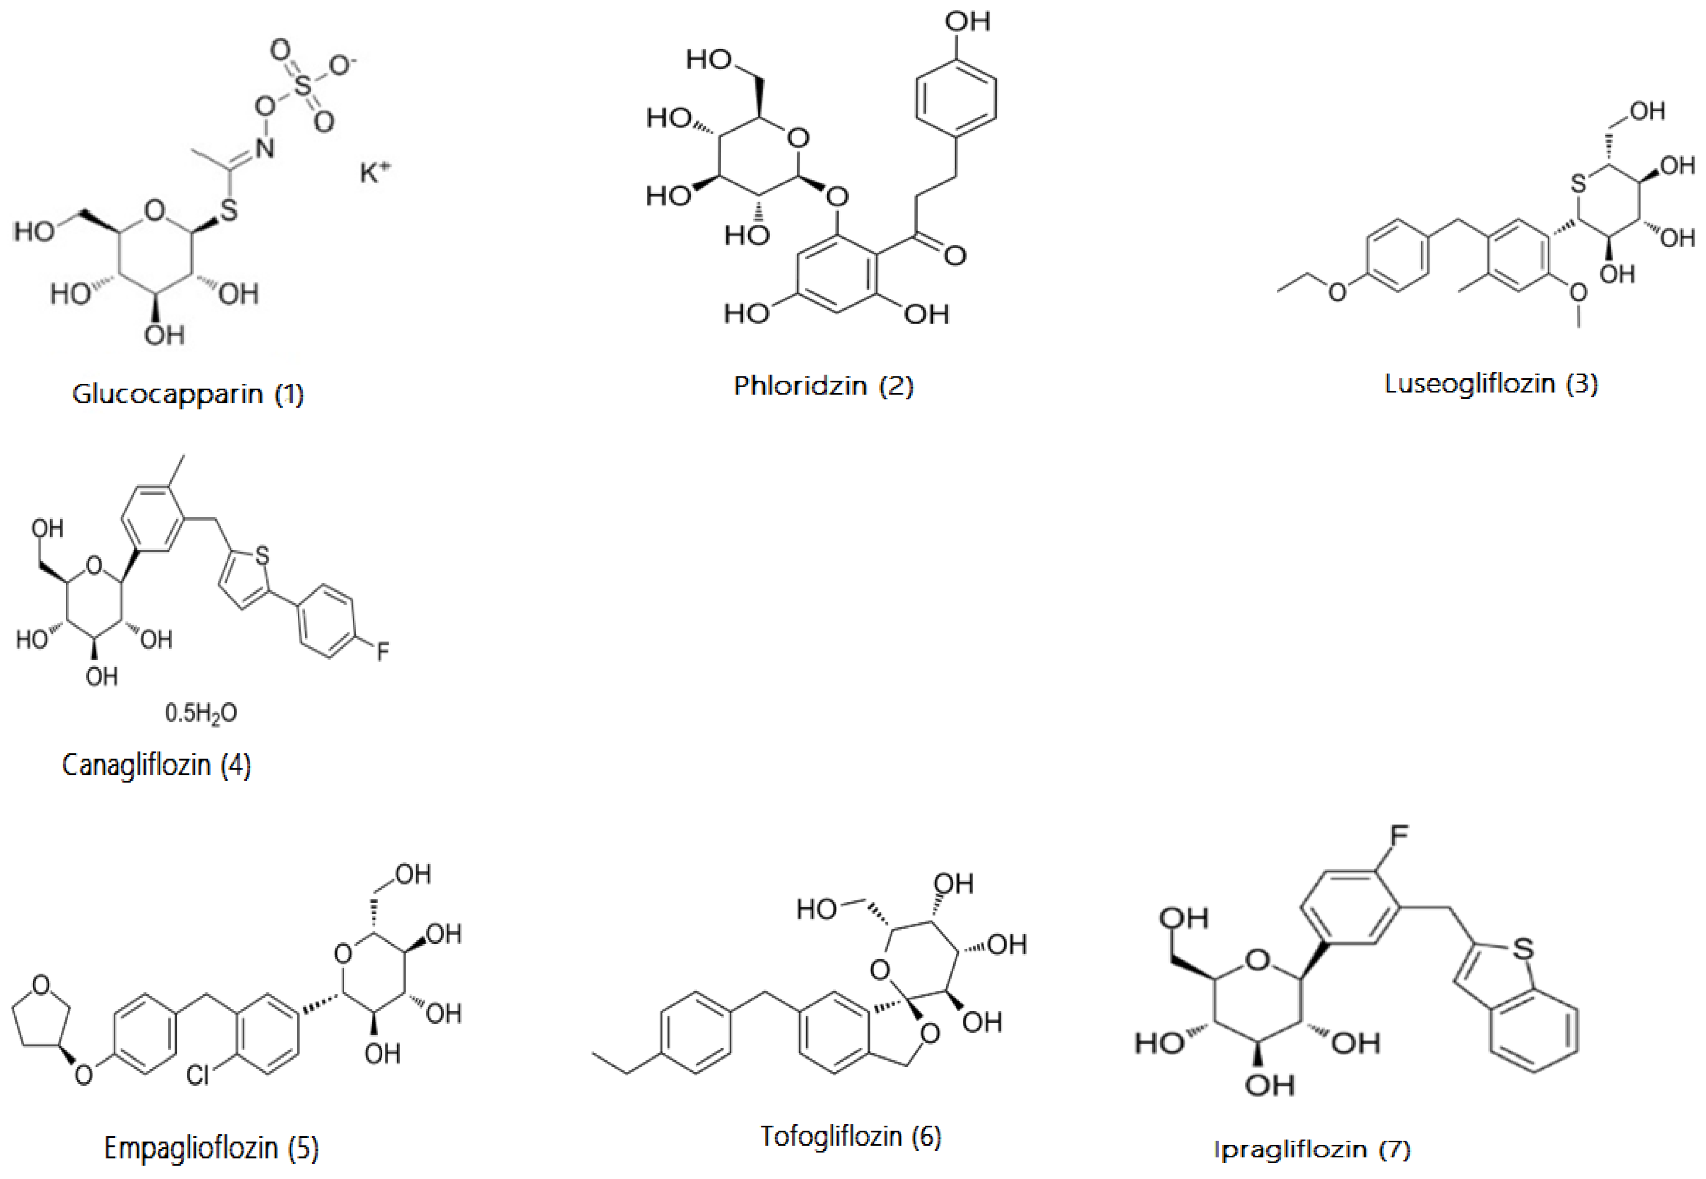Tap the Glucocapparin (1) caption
(188, 394)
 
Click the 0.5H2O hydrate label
(201, 713)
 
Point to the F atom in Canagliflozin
(383, 651)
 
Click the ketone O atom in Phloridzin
(955, 255)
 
